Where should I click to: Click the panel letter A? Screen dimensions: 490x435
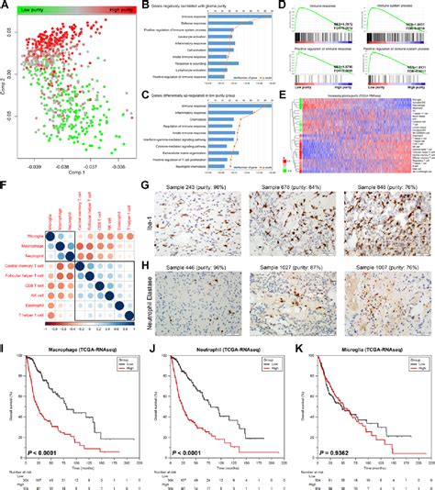6,6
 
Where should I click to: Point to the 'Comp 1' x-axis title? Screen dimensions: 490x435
84,172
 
